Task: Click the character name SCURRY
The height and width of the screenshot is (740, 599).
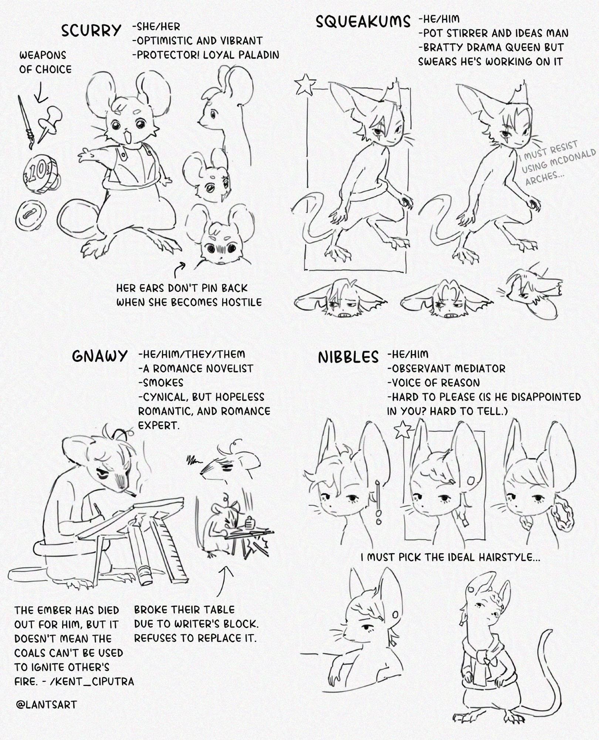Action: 91,30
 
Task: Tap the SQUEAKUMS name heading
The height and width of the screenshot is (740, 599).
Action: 363,21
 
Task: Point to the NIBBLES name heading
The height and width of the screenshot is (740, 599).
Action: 348,357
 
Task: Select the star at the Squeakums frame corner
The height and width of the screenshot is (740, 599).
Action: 306,84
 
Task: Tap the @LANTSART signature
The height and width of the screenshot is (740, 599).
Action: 46,704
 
